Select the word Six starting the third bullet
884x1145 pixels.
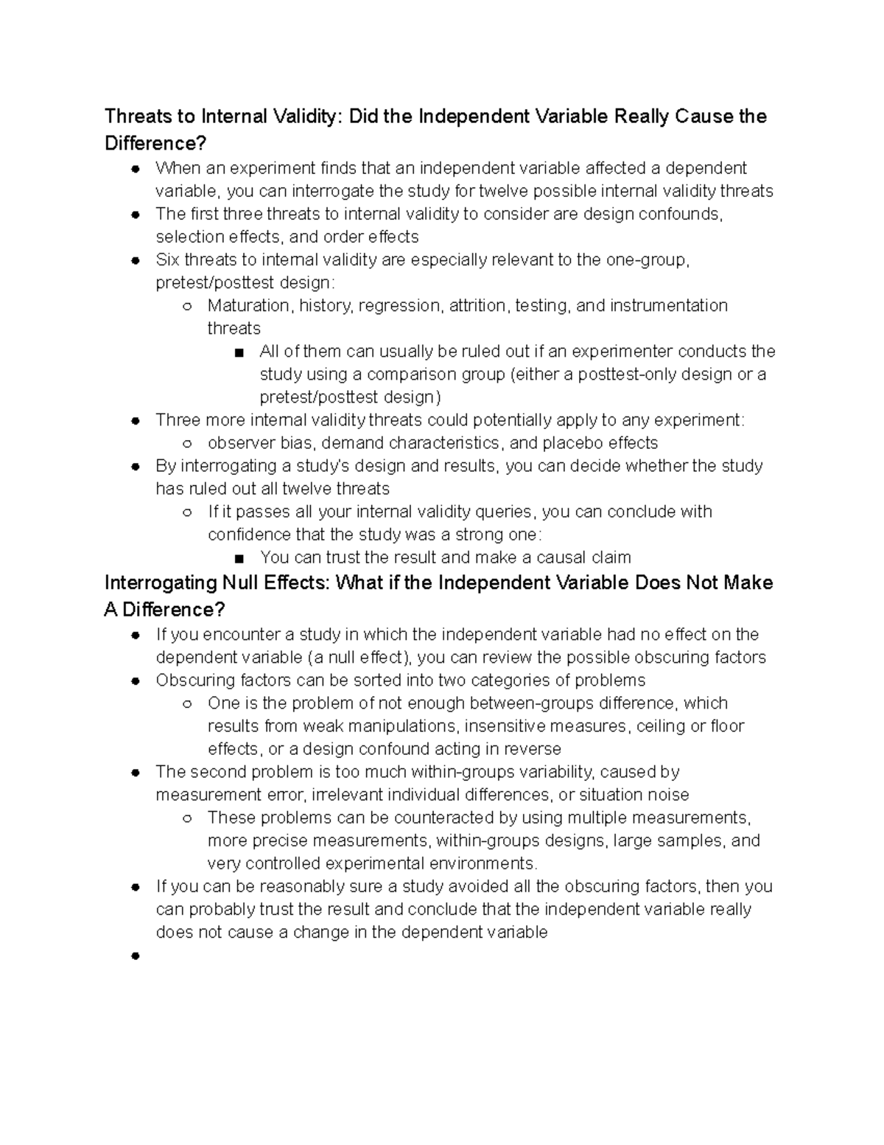point(168,260)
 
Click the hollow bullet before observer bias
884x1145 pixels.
point(188,444)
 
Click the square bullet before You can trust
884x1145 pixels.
point(239,558)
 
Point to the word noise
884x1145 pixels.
point(667,795)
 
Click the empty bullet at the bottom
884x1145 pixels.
point(136,956)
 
